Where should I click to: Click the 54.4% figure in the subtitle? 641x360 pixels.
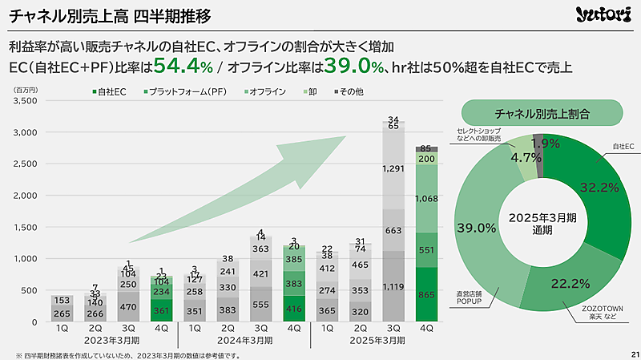[x=183, y=66]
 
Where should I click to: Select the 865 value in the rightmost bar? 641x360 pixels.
[x=426, y=295]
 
